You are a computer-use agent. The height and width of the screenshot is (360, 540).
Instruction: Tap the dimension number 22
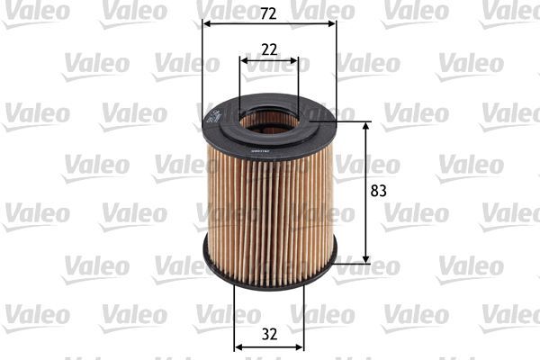pyautogui.click(x=268, y=49)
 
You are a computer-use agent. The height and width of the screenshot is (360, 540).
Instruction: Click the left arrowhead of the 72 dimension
pyautogui.click(x=206, y=25)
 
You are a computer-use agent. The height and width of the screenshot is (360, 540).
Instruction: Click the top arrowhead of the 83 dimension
pyautogui.click(x=365, y=125)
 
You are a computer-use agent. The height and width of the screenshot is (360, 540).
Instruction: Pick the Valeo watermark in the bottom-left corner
pyautogui.click(x=36, y=314)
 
